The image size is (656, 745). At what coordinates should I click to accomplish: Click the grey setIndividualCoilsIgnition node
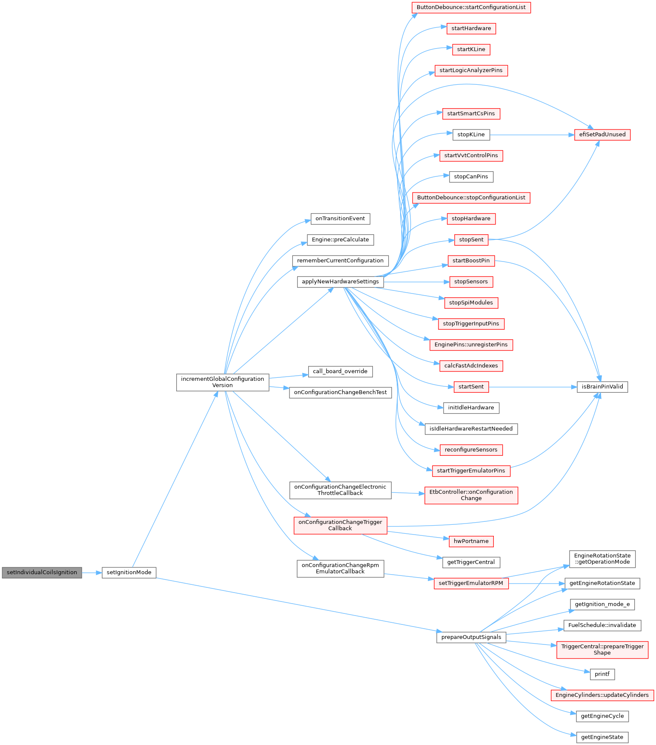(x=42, y=572)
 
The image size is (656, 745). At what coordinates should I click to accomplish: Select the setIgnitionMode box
(x=129, y=572)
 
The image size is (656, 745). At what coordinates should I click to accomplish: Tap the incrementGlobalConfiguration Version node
(x=223, y=382)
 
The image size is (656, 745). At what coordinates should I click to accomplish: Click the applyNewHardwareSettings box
(x=340, y=282)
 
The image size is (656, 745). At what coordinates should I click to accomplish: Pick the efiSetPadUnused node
(x=602, y=135)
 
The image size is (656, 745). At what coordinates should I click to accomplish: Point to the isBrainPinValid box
(x=602, y=387)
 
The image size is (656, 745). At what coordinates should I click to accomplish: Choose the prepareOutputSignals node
(x=471, y=637)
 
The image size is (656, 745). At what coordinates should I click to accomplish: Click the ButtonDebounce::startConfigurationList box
(x=471, y=7)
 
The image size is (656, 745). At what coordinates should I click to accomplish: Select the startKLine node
(x=471, y=49)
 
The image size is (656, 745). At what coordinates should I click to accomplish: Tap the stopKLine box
(x=471, y=135)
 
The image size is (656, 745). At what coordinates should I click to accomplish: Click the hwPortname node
(x=471, y=541)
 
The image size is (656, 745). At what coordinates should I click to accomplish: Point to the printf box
(x=602, y=674)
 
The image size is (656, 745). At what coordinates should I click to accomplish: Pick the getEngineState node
(x=602, y=737)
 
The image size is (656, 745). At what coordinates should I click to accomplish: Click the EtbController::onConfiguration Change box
(x=471, y=495)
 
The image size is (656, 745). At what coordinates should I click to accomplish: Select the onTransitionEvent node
(x=340, y=219)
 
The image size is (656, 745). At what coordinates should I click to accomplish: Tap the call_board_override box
(x=340, y=371)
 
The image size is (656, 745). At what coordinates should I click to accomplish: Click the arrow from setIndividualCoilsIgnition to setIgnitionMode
(x=92, y=572)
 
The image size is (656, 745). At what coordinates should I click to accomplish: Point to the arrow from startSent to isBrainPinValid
(x=532, y=387)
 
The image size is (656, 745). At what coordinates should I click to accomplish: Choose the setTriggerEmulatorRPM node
(x=471, y=583)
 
